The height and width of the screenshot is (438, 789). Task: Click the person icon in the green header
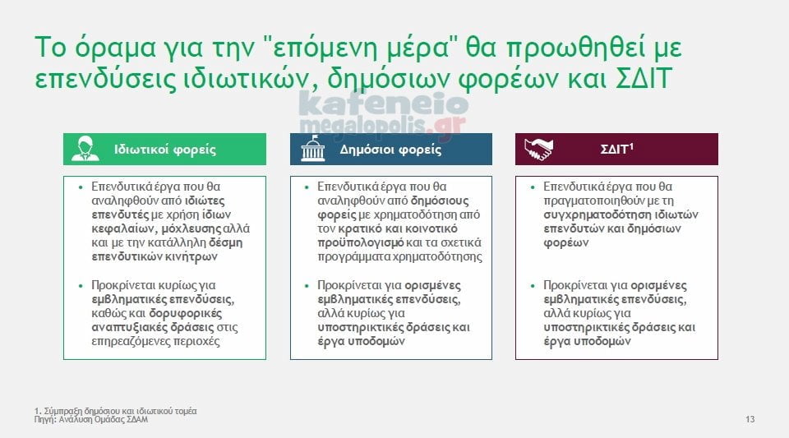pyautogui.click(x=85, y=149)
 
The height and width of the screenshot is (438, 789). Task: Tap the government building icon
pyautogui.click(x=313, y=149)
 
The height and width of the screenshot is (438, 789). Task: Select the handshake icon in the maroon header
pyautogui.click(x=538, y=150)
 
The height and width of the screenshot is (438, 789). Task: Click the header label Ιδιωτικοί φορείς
pyautogui.click(x=165, y=150)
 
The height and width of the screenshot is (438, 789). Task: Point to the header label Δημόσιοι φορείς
pyautogui.click(x=390, y=150)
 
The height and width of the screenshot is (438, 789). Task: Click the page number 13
pyautogui.click(x=750, y=419)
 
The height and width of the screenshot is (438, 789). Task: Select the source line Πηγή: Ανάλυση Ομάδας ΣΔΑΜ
pyautogui.click(x=91, y=419)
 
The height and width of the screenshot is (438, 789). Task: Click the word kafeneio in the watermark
pyautogui.click(x=384, y=104)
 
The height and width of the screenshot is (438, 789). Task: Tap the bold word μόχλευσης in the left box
pyautogui.click(x=191, y=228)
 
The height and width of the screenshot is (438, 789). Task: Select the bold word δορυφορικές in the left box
pyautogui.click(x=186, y=313)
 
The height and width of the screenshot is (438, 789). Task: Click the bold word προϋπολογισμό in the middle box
pyautogui.click(x=360, y=243)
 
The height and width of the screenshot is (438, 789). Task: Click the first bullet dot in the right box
pyautogui.click(x=533, y=187)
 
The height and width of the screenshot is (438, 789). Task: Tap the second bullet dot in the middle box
pyautogui.click(x=307, y=286)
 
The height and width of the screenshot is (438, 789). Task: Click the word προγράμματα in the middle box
pyautogui.click(x=353, y=257)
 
